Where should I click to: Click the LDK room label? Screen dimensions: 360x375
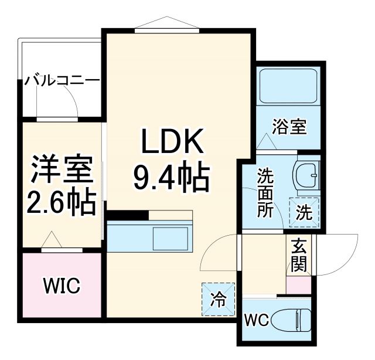172,143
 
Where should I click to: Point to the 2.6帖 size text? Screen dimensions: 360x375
62,202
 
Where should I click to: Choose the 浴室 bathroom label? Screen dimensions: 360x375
290,126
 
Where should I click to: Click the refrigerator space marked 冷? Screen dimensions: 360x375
217,300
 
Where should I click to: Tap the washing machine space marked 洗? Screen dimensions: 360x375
304,212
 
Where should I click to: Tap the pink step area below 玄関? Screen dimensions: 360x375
298,285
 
